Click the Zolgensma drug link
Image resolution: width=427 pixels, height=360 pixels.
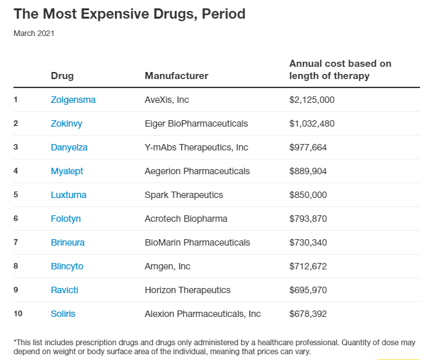(73, 100)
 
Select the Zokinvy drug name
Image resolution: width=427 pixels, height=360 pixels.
(66, 123)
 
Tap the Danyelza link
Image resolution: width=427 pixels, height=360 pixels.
(69, 147)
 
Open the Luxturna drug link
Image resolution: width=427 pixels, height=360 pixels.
(68, 195)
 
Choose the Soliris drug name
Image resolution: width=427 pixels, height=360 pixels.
(64, 314)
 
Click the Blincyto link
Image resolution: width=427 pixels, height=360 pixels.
(67, 266)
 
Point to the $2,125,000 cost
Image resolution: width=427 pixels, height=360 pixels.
(312, 100)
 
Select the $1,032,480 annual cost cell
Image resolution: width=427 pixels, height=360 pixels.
(312, 123)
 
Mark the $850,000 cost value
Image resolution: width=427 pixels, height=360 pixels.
(308, 195)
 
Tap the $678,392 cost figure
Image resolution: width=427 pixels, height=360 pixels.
(308, 314)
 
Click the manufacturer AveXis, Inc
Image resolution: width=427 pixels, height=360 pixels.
(167, 100)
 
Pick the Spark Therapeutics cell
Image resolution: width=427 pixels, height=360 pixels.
(184, 195)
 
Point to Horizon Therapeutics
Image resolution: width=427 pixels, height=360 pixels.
(187, 290)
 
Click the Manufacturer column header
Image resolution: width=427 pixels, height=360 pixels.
(176, 76)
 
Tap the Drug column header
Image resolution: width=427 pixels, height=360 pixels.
(62, 76)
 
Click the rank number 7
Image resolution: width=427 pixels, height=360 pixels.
(16, 242)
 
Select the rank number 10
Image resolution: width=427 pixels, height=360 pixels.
(17, 314)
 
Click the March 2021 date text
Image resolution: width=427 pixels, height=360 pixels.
(34, 33)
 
